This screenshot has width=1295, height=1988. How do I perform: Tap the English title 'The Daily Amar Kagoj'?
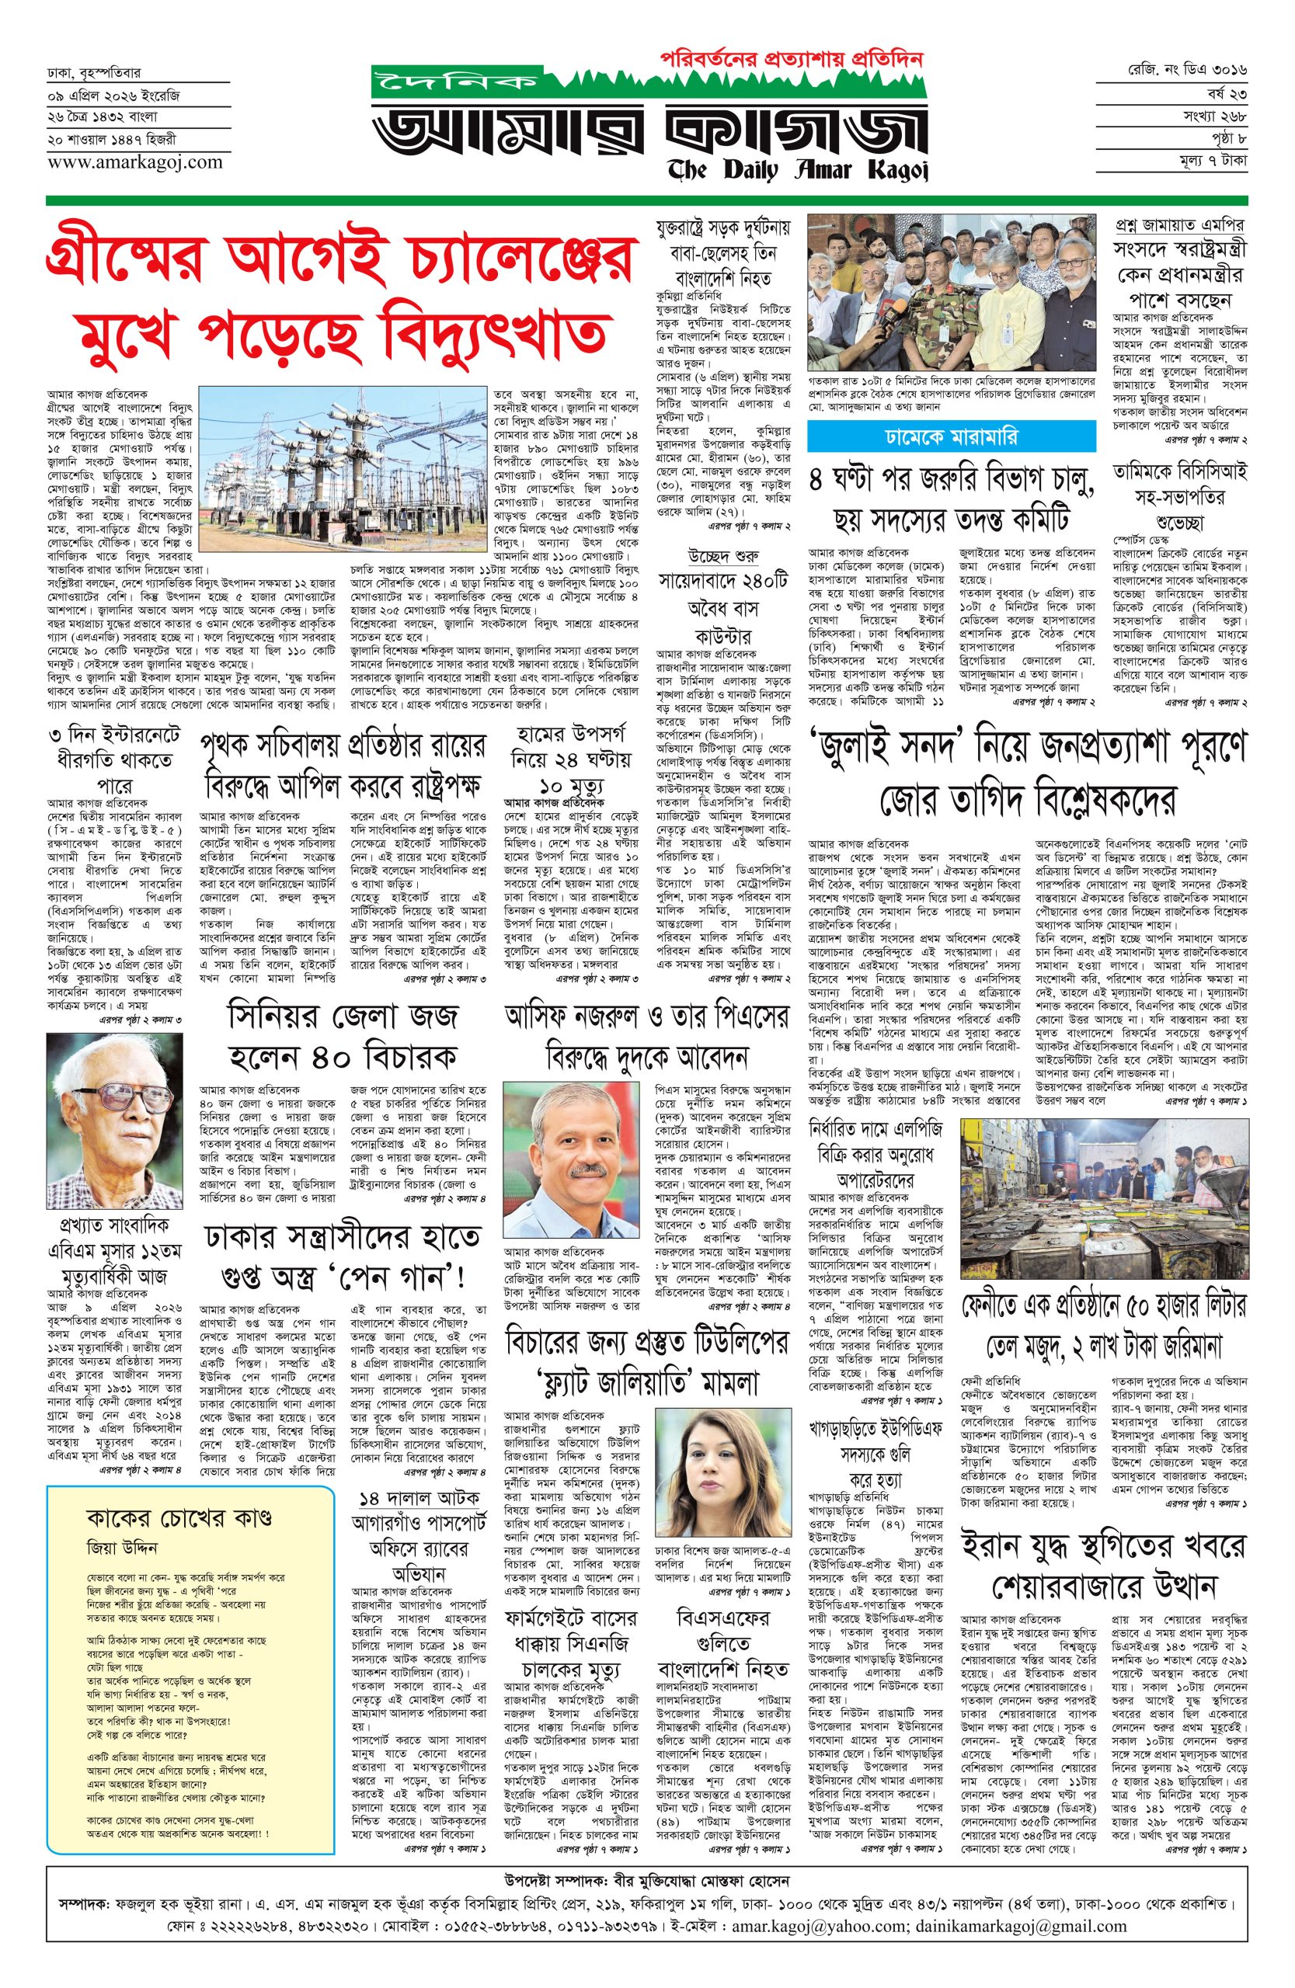pos(797,170)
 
